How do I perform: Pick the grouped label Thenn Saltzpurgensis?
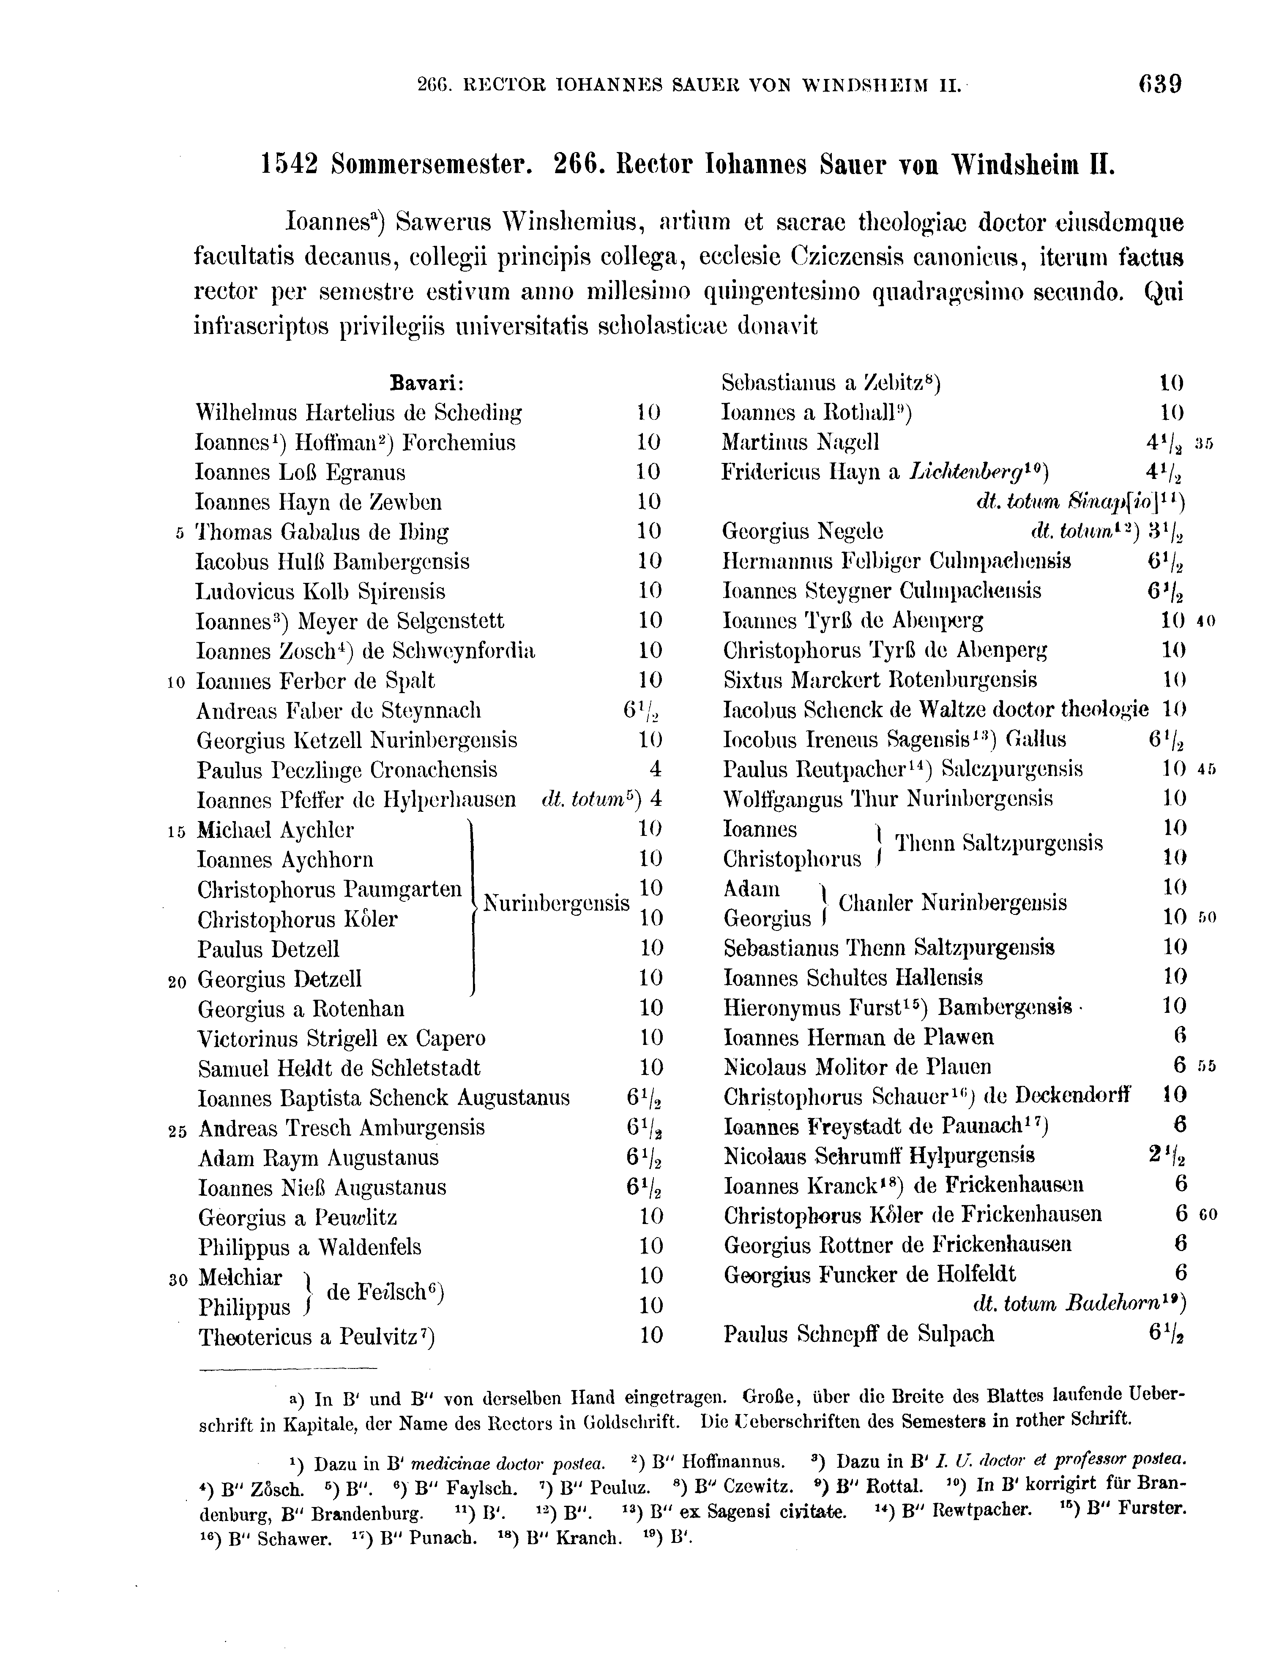[x=999, y=843]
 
